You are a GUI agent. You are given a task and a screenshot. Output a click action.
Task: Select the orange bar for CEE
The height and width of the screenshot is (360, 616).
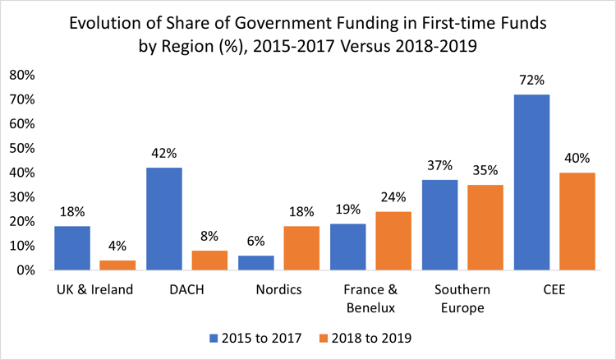tap(578, 221)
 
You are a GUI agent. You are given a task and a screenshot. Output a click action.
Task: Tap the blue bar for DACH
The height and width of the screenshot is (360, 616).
tap(163, 219)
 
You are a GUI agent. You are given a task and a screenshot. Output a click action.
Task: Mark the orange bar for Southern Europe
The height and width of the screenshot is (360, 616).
tap(486, 227)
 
